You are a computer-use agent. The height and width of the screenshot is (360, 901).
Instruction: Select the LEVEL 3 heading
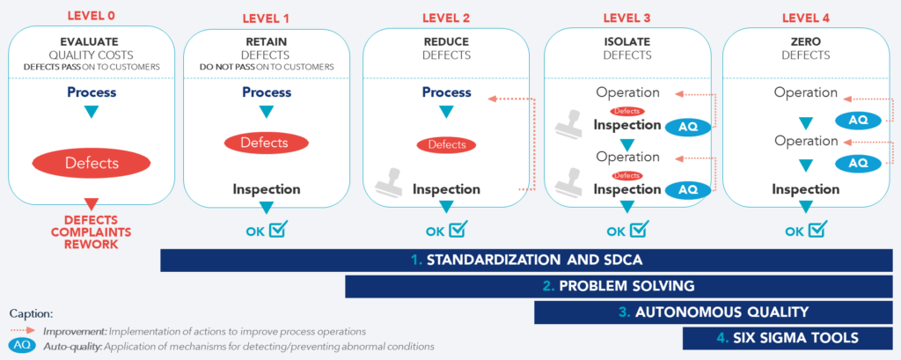(x=628, y=18)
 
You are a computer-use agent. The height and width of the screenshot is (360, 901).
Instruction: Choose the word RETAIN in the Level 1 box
(x=266, y=41)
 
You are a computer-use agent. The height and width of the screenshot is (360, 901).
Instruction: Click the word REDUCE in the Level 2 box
(x=446, y=41)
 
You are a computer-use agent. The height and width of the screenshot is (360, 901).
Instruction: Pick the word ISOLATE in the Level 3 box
(x=628, y=41)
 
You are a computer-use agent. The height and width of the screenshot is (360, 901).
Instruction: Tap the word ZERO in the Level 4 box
(x=805, y=41)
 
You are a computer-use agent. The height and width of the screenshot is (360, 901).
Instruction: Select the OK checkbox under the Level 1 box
(x=277, y=231)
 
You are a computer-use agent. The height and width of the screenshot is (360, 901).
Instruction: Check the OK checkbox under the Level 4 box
(x=817, y=231)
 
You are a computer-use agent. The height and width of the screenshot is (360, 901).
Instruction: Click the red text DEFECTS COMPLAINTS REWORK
(x=91, y=231)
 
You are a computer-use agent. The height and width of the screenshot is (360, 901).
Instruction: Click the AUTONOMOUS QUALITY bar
(x=714, y=312)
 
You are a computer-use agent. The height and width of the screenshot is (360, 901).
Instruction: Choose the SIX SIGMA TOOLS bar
(x=788, y=337)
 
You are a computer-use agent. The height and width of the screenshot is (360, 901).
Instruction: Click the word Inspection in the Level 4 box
(x=806, y=189)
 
